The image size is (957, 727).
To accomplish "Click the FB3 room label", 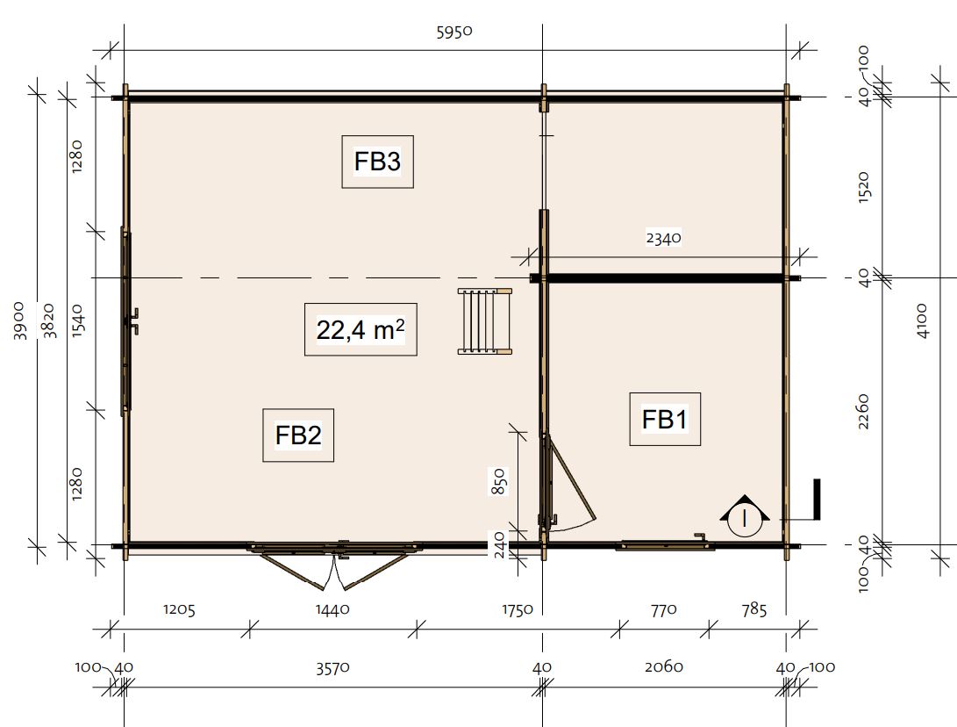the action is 377,162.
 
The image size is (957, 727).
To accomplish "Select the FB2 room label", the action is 298,435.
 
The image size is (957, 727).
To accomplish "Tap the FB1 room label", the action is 665,420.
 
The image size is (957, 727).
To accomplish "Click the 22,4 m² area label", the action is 361,330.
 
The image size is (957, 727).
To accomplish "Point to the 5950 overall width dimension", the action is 454,32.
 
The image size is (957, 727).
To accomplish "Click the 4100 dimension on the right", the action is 922,320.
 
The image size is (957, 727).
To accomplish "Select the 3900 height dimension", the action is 19,320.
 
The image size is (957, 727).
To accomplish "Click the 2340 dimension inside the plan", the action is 663,238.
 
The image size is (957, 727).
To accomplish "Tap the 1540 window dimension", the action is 78,320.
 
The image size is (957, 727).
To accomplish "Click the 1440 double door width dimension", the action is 332,609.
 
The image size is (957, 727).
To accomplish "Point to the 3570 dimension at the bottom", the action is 332,667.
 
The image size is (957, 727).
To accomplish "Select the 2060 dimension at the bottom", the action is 664,666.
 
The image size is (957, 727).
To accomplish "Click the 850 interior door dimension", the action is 499,481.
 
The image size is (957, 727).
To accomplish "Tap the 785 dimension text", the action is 754,609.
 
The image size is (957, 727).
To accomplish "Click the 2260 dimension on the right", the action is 863,411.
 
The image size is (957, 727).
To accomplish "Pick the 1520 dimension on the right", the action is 863,187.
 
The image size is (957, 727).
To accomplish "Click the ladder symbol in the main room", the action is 485,321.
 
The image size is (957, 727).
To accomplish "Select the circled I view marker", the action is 745,516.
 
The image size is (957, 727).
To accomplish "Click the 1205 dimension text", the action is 179,609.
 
